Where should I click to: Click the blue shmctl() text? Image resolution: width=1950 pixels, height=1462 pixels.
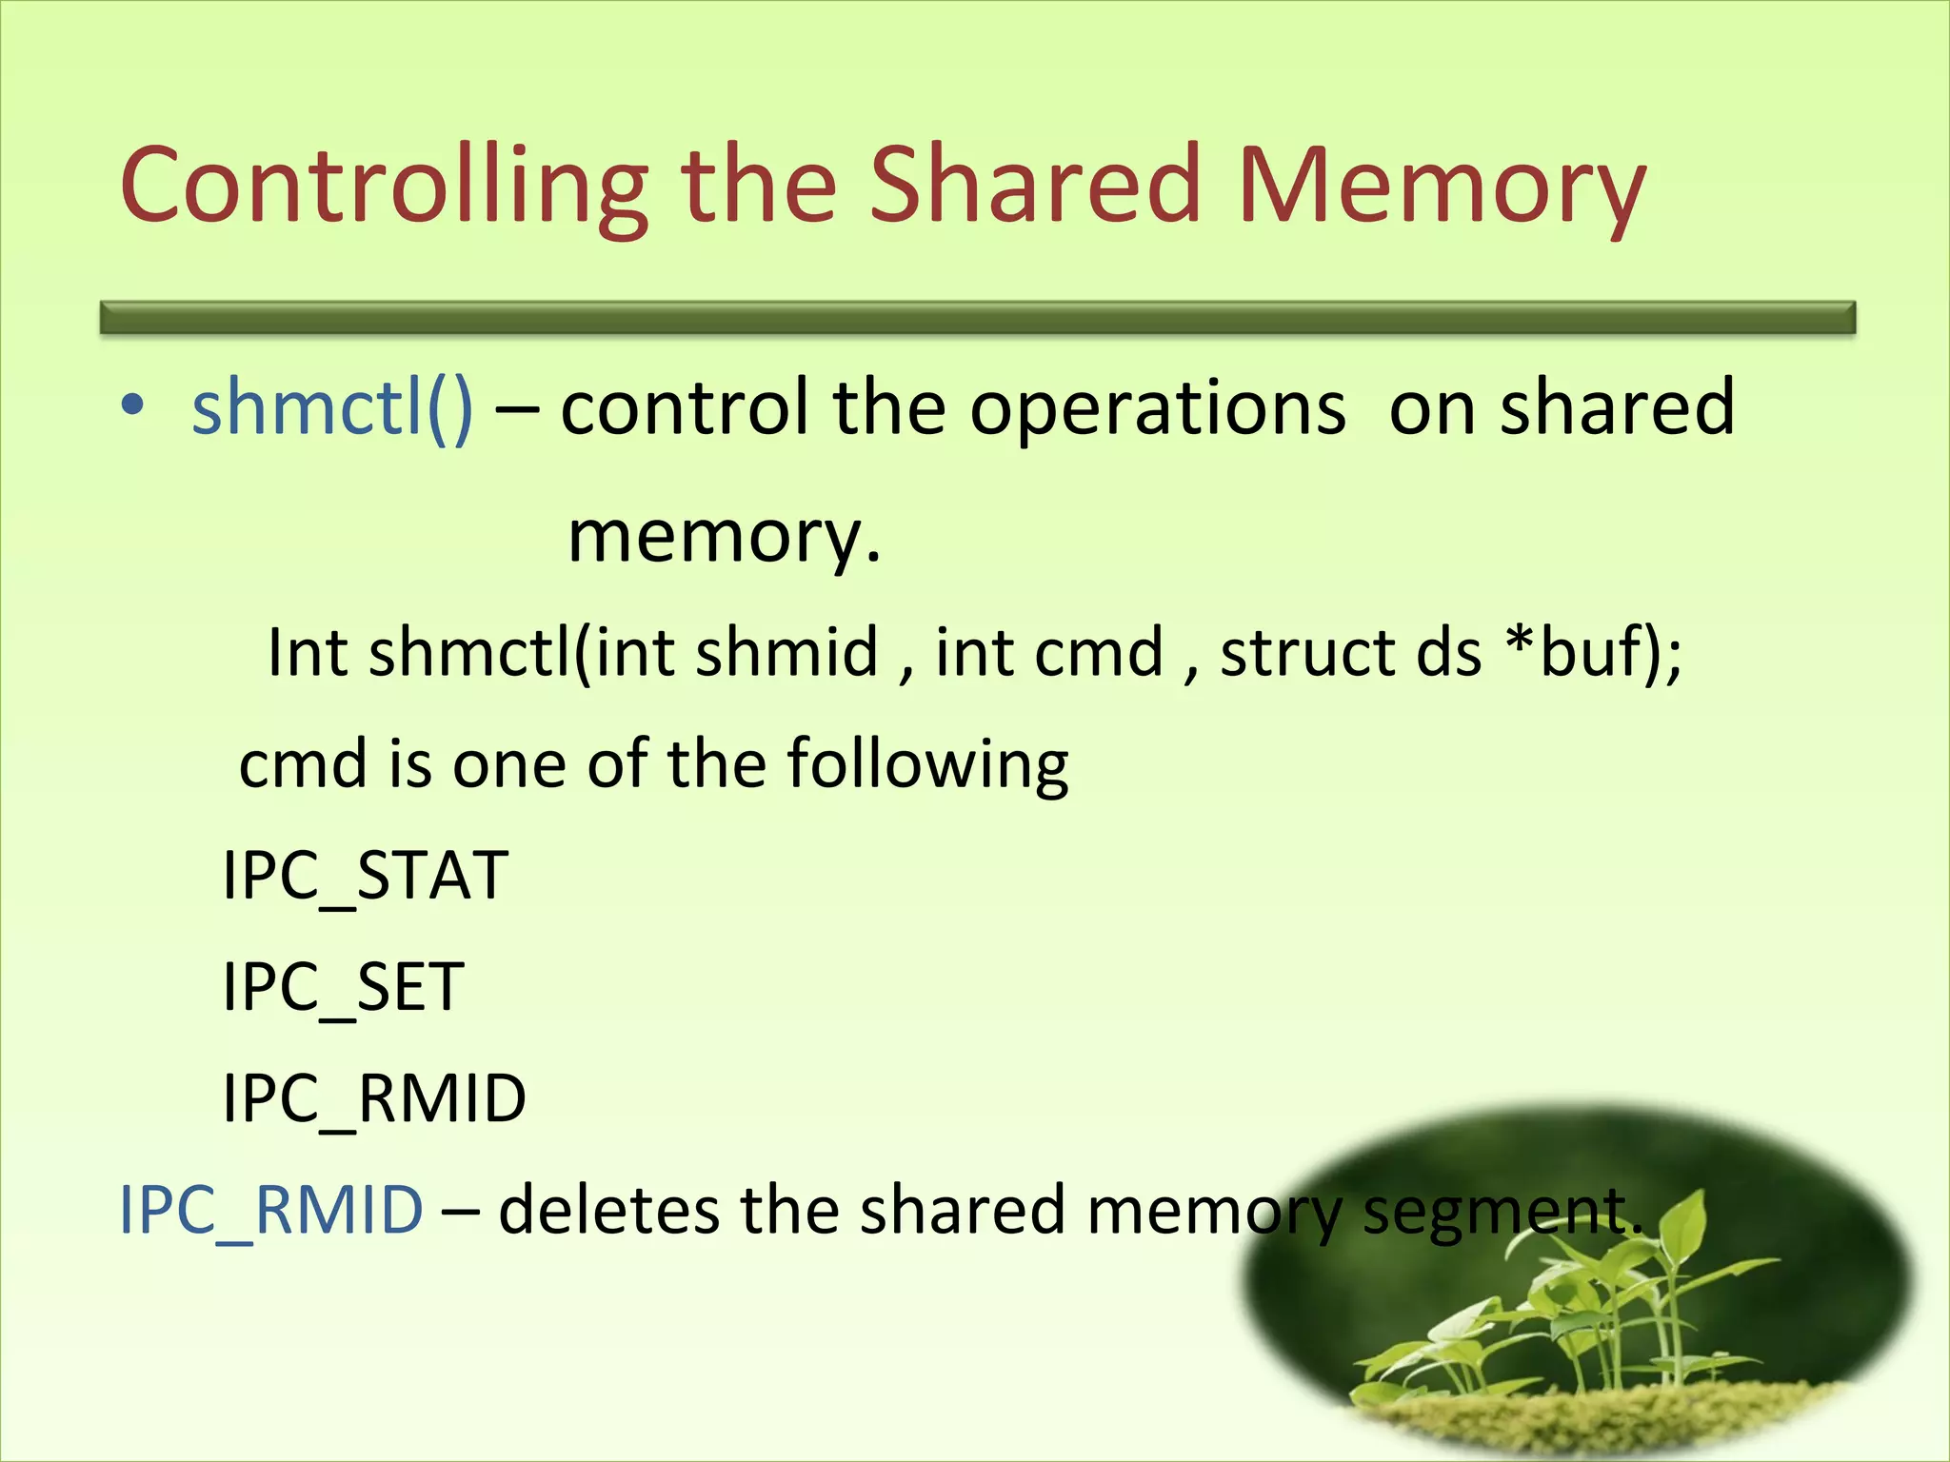point(331,407)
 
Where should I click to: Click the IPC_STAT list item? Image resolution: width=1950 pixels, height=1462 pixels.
point(365,877)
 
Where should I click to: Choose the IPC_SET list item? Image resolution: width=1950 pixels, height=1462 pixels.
point(343,988)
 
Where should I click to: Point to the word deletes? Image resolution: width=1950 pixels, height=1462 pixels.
point(609,1211)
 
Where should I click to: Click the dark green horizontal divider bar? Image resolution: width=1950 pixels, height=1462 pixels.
point(977,318)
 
